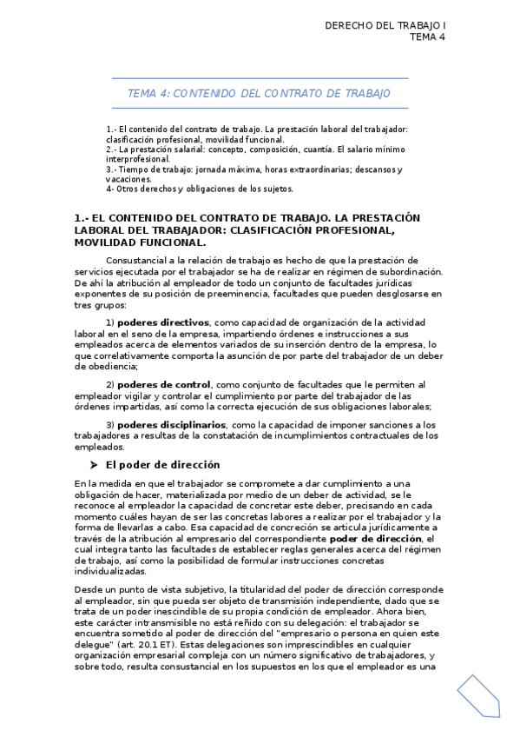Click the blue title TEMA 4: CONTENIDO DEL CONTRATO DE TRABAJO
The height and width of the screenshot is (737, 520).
point(259,93)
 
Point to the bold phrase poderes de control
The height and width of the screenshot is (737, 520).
point(163,384)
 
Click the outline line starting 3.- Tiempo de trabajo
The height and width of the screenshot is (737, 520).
point(253,169)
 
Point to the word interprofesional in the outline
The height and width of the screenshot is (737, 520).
point(138,160)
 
